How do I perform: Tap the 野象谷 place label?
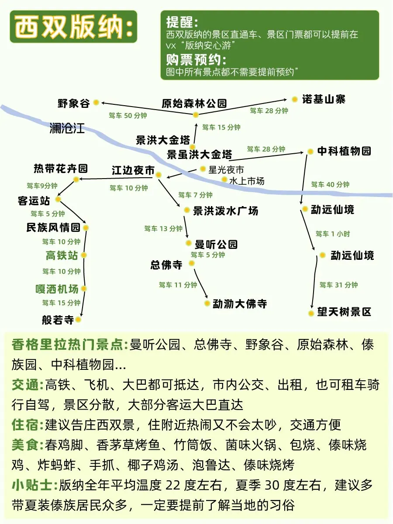point(73,103)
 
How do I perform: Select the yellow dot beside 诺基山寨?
point(295,100)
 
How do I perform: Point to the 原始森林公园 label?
point(194,103)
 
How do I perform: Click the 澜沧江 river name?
point(67,128)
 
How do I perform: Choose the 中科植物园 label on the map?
point(344,151)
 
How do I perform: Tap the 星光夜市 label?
point(226,169)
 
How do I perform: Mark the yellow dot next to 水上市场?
point(224,179)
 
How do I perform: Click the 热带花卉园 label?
point(61,168)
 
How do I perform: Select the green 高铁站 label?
point(62,255)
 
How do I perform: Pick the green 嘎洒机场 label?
point(57,289)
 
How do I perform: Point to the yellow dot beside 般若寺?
point(78,320)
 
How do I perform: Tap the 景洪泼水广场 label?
point(226,211)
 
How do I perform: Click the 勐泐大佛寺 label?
point(239,303)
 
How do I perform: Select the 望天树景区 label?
point(344,312)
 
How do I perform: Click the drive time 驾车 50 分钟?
point(128,116)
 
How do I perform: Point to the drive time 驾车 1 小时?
point(333,234)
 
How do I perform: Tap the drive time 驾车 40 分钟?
point(330,185)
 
